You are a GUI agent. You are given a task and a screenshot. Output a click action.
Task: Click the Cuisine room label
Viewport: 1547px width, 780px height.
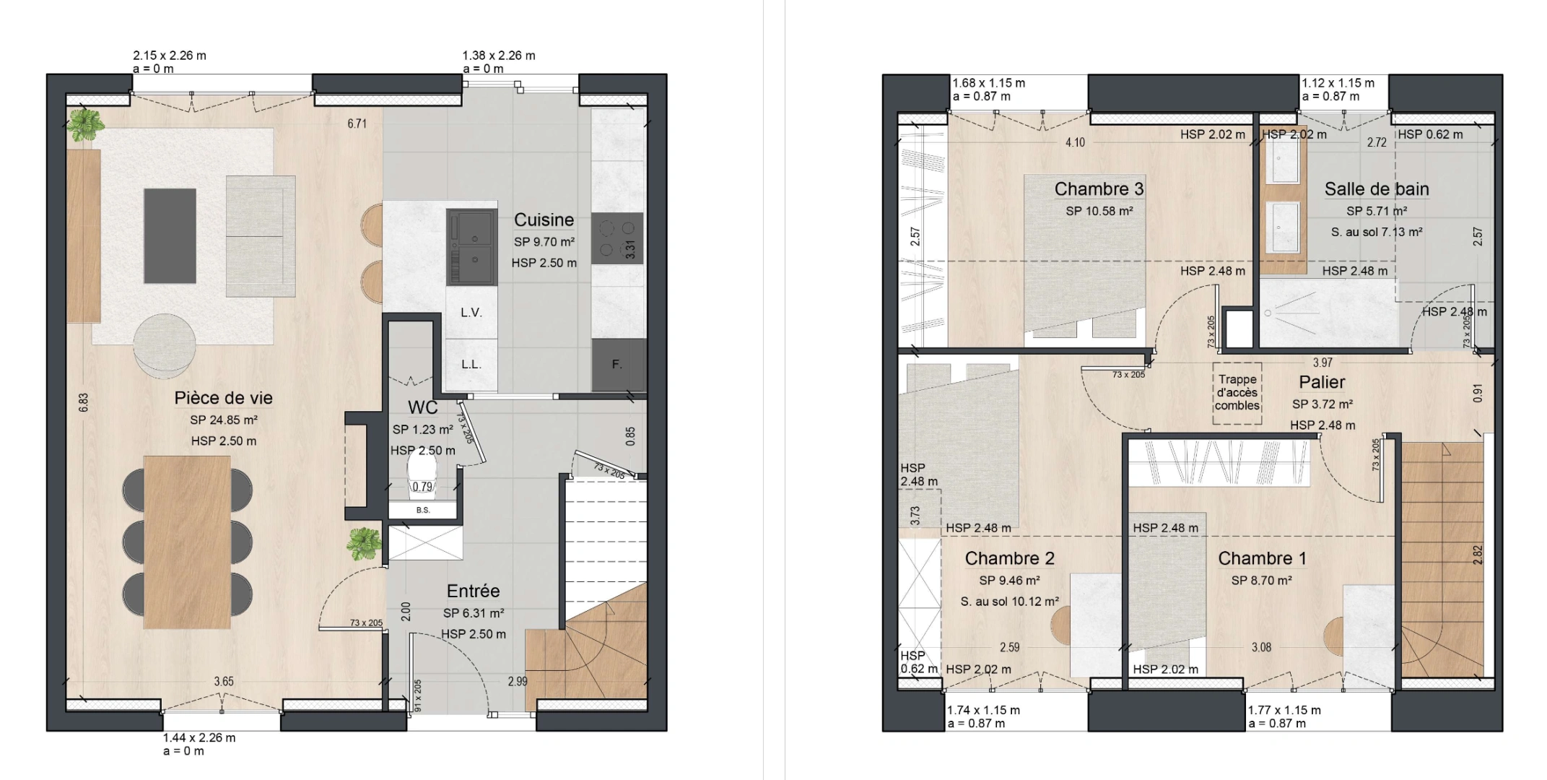tap(544, 220)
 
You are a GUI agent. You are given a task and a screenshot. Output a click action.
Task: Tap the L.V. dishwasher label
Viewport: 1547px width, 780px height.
tap(471, 313)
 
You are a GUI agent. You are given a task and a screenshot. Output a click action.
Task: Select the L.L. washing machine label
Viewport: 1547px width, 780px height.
tap(471, 364)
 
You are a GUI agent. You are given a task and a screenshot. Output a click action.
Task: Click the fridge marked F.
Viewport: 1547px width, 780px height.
tap(617, 364)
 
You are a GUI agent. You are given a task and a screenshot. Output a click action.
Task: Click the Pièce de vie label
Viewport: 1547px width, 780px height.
tap(223, 398)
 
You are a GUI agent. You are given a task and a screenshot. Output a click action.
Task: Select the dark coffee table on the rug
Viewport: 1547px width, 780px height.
tap(170, 235)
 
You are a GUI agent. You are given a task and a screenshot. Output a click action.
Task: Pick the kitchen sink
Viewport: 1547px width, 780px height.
tap(472, 246)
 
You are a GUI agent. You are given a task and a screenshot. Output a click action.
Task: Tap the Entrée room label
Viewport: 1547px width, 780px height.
tap(473, 591)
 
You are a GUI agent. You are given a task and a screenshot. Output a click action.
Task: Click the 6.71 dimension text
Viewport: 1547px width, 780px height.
tap(357, 123)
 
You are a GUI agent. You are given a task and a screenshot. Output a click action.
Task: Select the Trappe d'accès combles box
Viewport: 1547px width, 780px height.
tap(1237, 392)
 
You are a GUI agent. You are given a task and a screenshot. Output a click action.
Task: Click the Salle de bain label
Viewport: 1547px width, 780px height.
tap(1376, 189)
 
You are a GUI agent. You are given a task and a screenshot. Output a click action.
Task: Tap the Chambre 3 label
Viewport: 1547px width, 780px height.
tap(1099, 189)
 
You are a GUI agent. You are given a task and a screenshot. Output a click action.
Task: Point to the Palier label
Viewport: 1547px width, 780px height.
tap(1322, 382)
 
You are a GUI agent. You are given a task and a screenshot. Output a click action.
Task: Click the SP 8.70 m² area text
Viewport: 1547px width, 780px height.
tap(1261, 580)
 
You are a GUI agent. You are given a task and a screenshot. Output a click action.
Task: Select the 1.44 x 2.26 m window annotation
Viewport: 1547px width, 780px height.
tap(199, 738)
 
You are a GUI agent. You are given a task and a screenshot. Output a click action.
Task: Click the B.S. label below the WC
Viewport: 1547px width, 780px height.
tap(423, 511)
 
